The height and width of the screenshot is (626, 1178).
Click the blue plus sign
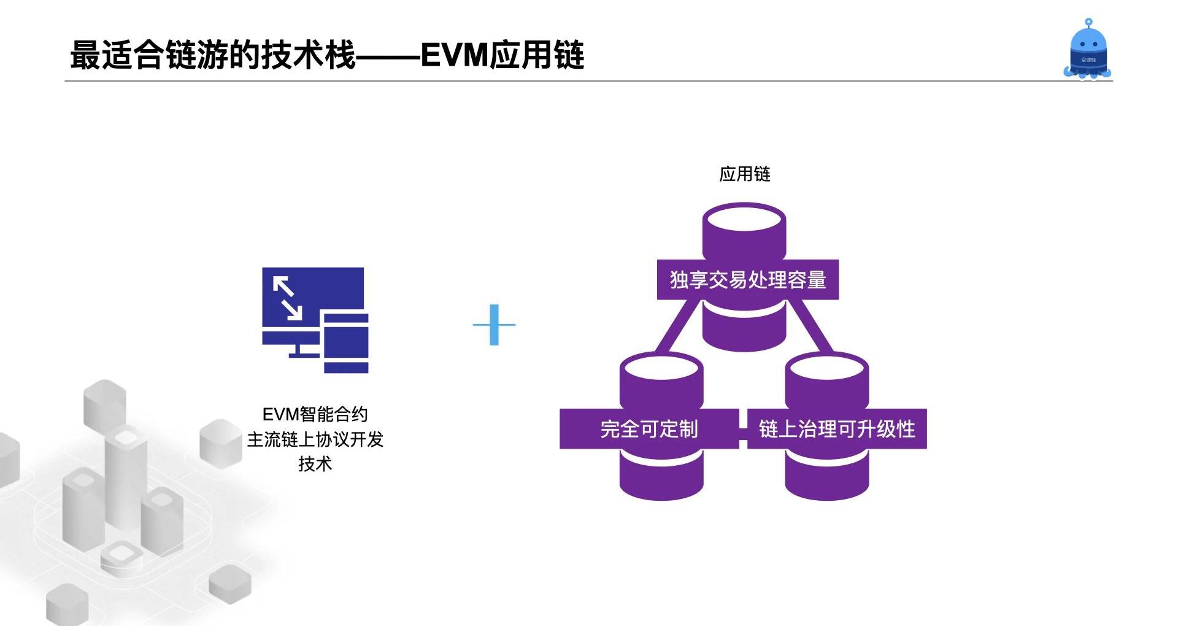tap(494, 325)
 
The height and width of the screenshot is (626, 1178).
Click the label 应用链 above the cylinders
tap(744, 174)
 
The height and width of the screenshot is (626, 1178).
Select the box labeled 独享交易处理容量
tap(747, 280)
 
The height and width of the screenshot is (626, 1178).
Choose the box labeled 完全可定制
tap(649, 428)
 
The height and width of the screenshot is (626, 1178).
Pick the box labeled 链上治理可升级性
tap(836, 428)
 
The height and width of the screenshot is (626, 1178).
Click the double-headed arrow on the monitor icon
tap(287, 298)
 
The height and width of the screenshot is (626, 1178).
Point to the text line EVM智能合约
tap(315, 414)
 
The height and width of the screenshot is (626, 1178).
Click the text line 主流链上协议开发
tap(315, 439)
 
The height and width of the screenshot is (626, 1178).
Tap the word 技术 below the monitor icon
tap(315, 464)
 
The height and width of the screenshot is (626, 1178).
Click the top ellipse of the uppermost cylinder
tap(744, 218)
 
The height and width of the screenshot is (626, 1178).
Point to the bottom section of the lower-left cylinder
tap(661, 479)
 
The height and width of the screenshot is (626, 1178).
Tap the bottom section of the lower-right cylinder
tap(826, 479)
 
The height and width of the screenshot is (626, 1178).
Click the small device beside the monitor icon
tap(346, 342)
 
